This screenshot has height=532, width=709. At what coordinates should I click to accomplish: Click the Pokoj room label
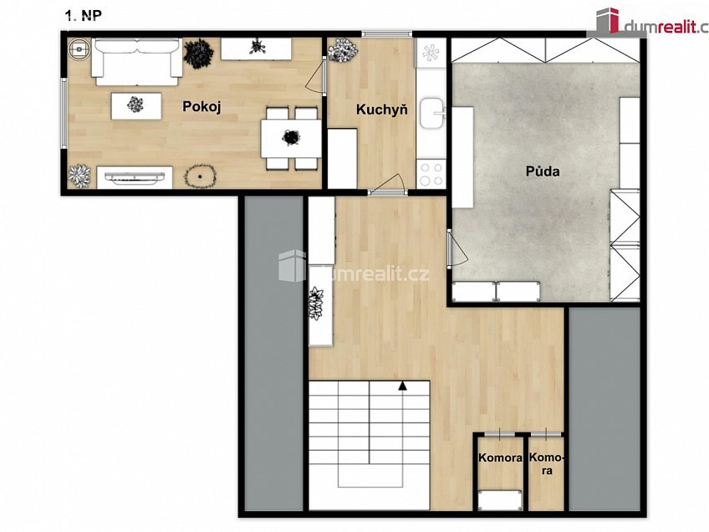[x=201, y=107]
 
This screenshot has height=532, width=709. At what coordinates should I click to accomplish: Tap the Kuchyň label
[x=382, y=109]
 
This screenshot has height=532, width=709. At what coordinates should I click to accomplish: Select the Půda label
[x=543, y=171]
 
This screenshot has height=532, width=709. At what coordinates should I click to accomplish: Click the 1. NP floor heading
[x=84, y=16]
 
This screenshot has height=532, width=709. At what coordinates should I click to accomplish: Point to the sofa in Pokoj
[x=137, y=62]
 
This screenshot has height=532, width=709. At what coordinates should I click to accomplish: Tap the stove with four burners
[x=431, y=174]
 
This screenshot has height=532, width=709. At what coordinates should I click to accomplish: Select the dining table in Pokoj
[x=291, y=138]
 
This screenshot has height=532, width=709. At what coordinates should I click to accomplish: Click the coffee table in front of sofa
[x=136, y=106]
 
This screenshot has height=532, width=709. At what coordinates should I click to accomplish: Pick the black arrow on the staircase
[x=402, y=386]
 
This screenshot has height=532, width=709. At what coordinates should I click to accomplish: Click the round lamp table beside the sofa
[x=79, y=49]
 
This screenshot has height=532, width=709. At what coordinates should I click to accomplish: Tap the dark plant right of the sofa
[x=198, y=54]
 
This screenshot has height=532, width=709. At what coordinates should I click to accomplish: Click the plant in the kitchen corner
[x=343, y=49]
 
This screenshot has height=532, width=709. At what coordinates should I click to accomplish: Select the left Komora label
[x=500, y=458]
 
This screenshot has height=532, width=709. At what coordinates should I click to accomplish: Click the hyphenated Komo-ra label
[x=547, y=463]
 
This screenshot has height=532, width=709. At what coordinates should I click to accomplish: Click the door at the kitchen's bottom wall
[x=387, y=185]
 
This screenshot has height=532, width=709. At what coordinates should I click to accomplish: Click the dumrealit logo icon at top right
[x=608, y=20]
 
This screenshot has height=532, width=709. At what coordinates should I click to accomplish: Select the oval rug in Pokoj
[x=201, y=176]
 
